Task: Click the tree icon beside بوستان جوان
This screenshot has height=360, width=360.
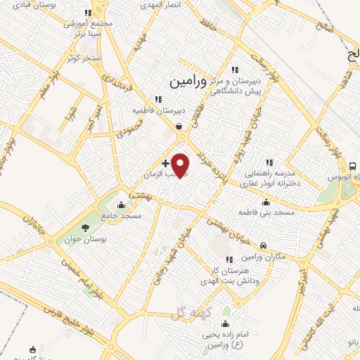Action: (85, 227)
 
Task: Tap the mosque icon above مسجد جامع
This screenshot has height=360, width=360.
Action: (122, 205)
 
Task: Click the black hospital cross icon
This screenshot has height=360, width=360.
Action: (165, 163)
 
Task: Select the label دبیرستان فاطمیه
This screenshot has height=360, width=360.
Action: (160, 110)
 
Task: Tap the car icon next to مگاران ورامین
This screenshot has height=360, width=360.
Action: (263, 245)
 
